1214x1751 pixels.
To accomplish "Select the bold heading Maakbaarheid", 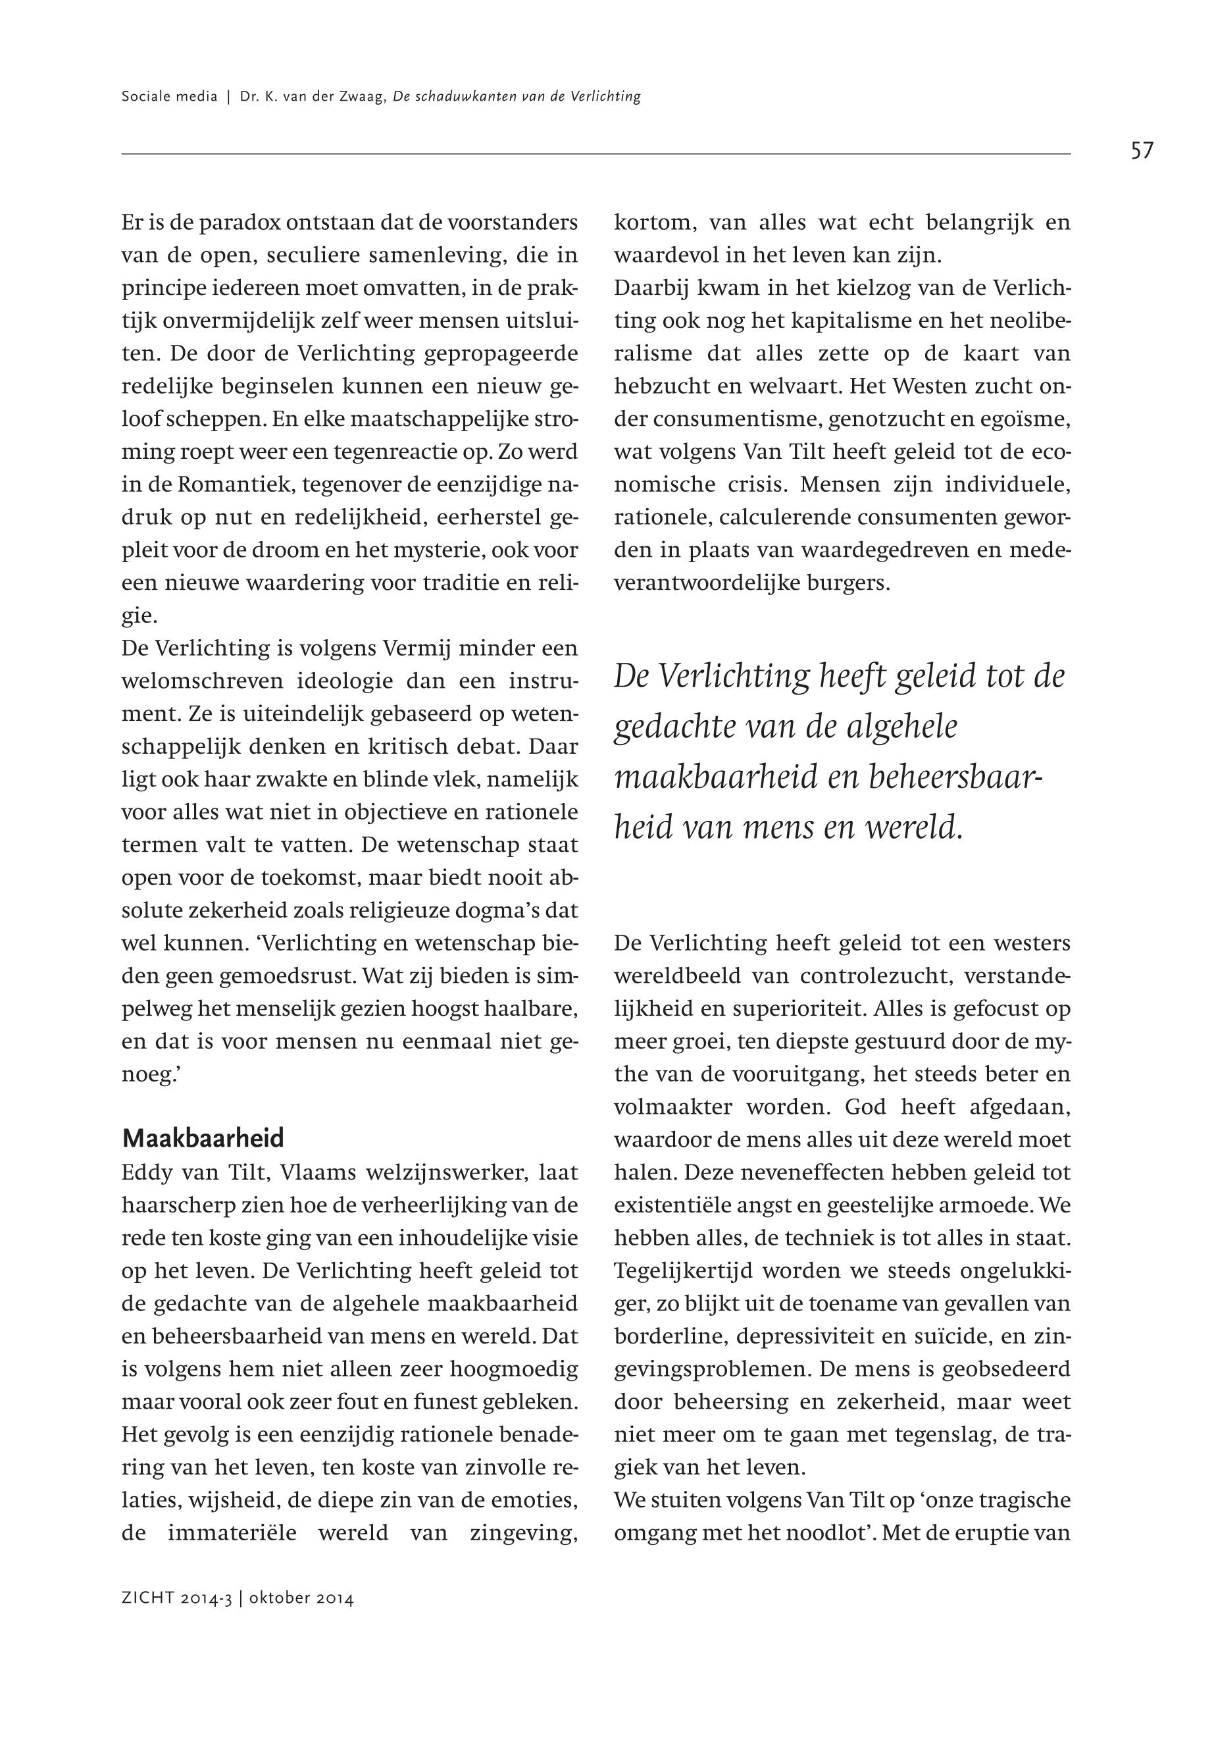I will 203,1138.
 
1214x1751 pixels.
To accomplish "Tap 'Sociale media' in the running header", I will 169,97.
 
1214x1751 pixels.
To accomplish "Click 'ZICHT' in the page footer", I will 147,1599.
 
